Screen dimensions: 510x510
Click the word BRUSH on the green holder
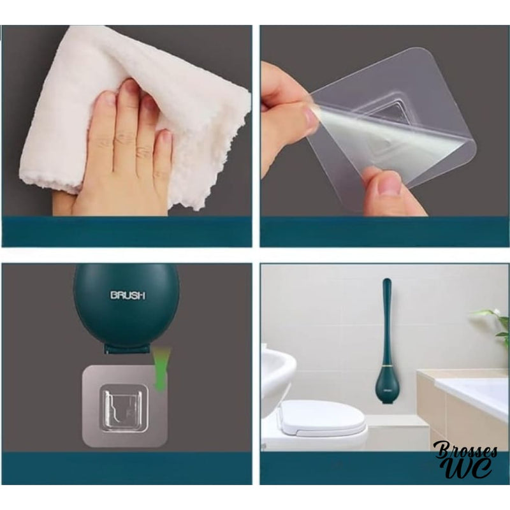point(128,295)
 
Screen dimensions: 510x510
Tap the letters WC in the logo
point(469,469)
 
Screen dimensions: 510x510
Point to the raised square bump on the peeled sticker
point(392,121)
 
